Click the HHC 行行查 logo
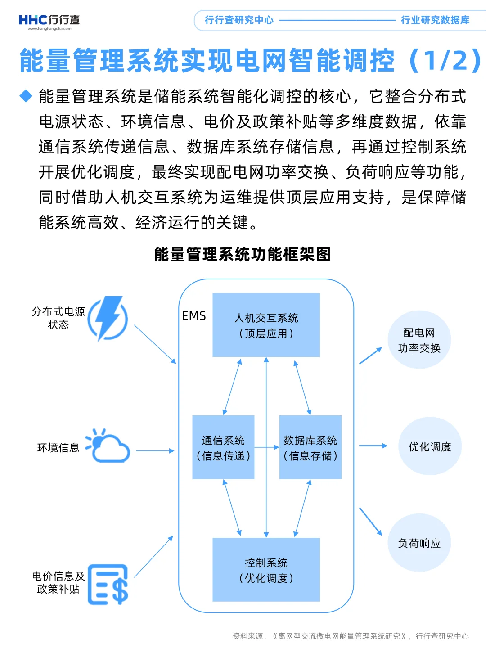tap(49, 21)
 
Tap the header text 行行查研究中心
tap(239, 20)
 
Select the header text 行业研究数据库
tap(435, 20)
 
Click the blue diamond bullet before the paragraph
tap(26, 96)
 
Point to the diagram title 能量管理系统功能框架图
tap(243, 254)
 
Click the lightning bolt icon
tap(108, 318)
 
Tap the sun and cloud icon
tap(108, 446)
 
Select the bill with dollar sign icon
tap(108, 584)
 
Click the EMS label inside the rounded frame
tap(193, 316)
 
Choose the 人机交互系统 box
tap(266, 325)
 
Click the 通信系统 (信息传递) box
tap(223, 447)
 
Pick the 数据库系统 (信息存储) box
tap(310, 447)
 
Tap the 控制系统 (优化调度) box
tap(266, 570)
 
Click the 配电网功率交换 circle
tap(419, 340)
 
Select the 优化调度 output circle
tap(430, 446)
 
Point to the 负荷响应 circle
tap(419, 543)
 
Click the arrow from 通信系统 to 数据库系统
tap(267, 447)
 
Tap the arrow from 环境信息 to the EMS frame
tap(155, 450)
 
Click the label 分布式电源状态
tap(58, 318)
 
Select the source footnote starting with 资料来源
tap(350, 636)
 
